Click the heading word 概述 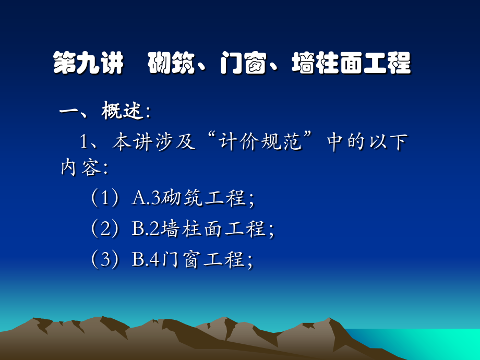click(123, 111)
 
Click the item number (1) click(106, 198)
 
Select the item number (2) click(106, 229)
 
